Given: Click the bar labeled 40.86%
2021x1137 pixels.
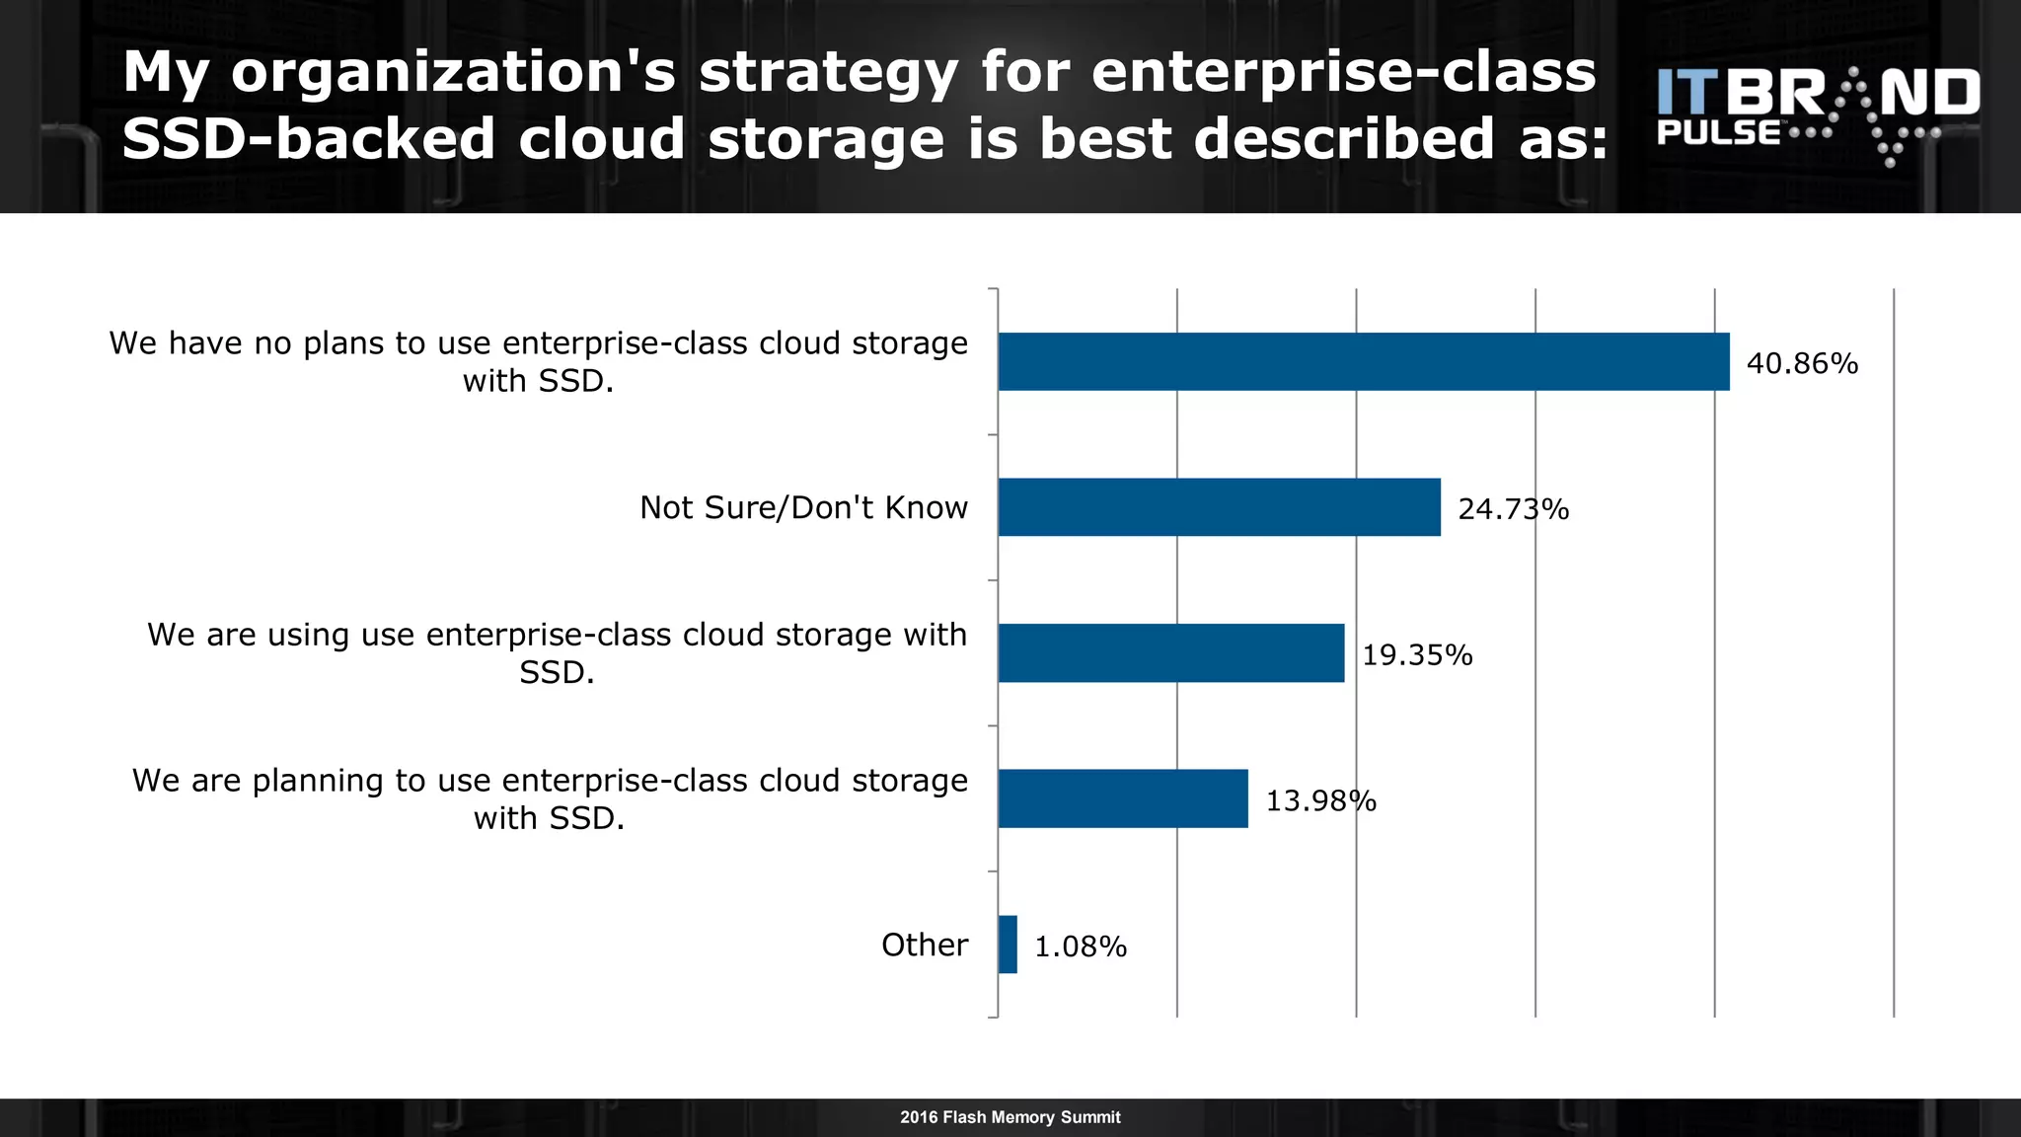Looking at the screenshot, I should [1363, 362].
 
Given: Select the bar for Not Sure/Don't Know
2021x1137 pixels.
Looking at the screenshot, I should [1219, 507].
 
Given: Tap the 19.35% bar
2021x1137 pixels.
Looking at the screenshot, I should [1170, 653].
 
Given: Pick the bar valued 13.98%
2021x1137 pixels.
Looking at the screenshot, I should [1123, 798].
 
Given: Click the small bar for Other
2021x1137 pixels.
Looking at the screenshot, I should [1008, 945].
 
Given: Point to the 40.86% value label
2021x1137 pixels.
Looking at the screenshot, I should [1802, 364].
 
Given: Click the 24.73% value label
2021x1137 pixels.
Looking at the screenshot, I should [1513, 509].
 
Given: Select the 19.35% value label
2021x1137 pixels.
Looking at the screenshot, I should [1417, 655].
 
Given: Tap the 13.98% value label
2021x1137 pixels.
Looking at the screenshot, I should [1320, 800].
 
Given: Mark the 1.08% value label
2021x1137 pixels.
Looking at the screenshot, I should [1081, 947].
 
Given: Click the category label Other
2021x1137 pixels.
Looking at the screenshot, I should [925, 946].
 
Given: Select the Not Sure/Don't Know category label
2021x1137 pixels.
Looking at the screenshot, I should [803, 507].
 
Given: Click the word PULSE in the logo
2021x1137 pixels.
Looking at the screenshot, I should [1719, 133].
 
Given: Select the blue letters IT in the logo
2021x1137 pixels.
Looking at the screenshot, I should [1687, 92].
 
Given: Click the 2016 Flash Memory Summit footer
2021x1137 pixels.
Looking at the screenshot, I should [1010, 1117].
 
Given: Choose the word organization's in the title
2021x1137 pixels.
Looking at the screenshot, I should [454, 73].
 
